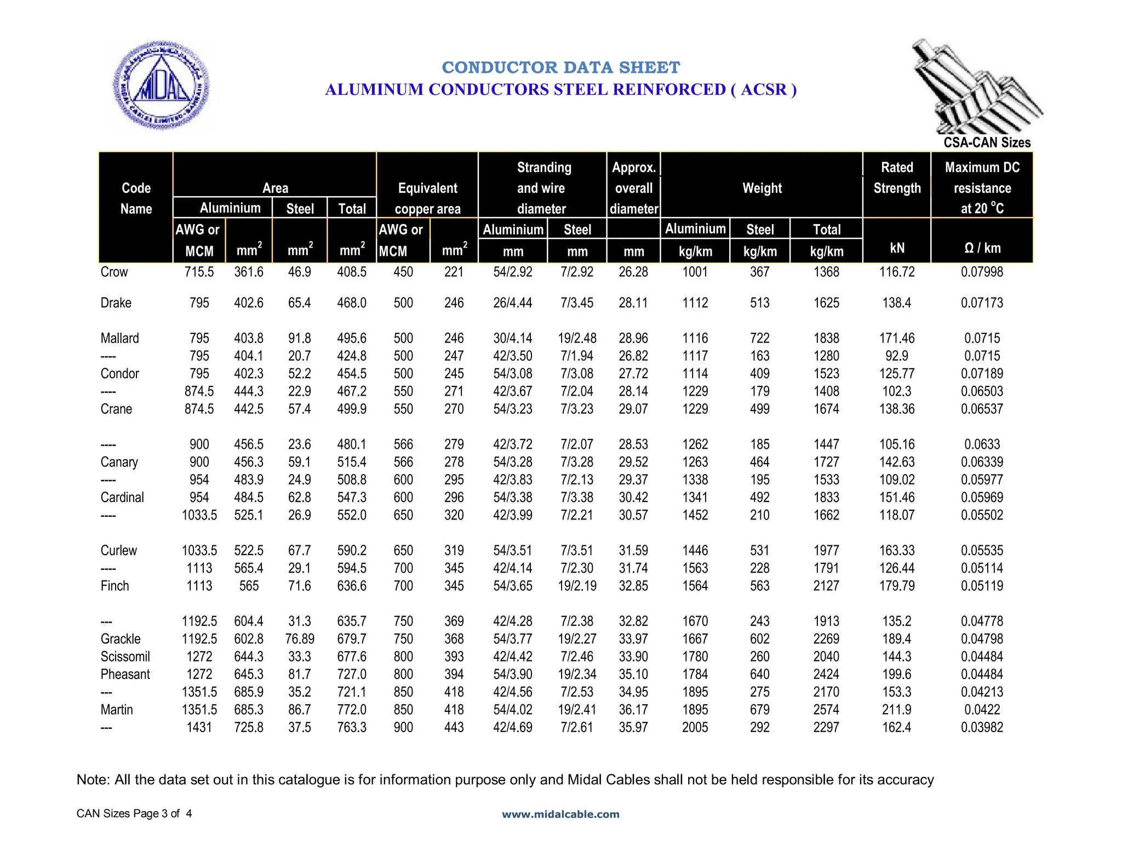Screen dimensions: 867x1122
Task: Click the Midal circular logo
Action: tap(161, 85)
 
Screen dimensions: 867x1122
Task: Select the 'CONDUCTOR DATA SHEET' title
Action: tap(560, 67)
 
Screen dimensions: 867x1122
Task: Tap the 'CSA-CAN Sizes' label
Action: tap(987, 142)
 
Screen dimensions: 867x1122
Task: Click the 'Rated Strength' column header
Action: tap(897, 178)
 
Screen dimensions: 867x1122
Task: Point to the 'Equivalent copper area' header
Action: tap(427, 198)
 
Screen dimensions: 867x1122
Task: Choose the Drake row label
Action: tap(116, 303)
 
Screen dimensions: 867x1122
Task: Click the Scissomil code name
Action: tap(125, 657)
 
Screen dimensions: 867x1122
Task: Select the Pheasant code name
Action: tap(125, 674)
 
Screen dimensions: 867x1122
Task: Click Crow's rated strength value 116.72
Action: tap(897, 272)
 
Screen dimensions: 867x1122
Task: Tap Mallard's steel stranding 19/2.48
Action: tap(577, 338)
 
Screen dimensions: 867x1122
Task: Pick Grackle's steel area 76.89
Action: tap(300, 639)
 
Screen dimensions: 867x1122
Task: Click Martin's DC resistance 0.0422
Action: tap(982, 710)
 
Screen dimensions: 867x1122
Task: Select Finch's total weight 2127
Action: tap(826, 586)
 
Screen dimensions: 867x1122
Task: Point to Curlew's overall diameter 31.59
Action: tap(633, 550)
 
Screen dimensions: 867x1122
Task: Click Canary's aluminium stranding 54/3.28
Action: tap(512, 462)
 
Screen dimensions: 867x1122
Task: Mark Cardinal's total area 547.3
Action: tap(352, 498)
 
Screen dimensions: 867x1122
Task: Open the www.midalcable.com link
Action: tap(560, 814)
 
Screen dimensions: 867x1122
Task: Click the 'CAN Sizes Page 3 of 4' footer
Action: tap(134, 813)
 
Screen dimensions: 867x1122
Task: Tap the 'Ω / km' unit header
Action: tap(982, 248)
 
